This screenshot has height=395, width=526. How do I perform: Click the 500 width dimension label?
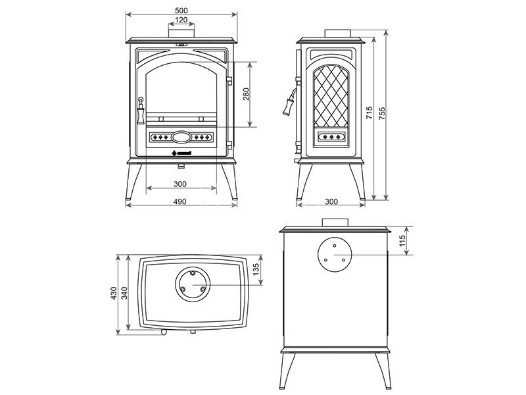(x=181, y=9)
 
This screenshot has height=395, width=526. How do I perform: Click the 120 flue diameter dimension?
(x=181, y=20)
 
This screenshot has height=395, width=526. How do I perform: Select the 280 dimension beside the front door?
(x=246, y=95)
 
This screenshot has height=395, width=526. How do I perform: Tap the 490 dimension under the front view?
(x=181, y=201)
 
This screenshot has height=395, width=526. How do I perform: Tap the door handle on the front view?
(x=140, y=113)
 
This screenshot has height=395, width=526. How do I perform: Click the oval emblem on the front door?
(x=181, y=138)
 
